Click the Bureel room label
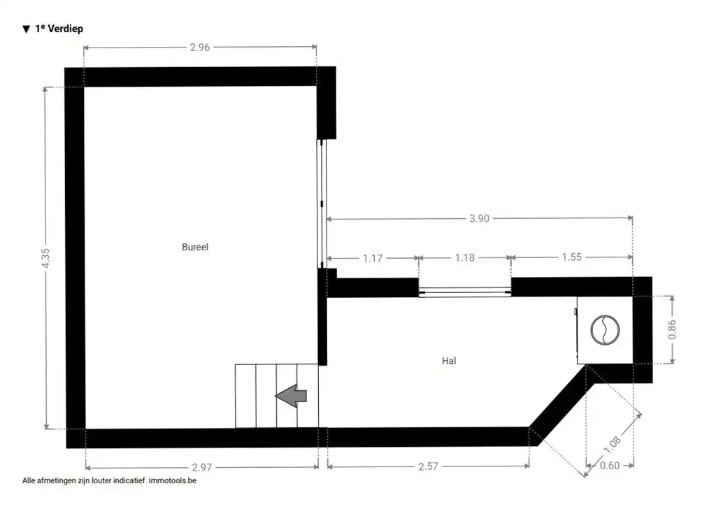pos(195,247)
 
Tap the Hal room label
pos(449,361)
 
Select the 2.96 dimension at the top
pos(200,48)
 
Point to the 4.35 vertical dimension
pos(45,259)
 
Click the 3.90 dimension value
pos(479,219)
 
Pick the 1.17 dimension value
pos(373,259)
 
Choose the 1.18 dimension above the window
pos(465,258)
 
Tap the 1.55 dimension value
pos(572,257)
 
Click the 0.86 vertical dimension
pos(672,330)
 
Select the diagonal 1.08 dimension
pos(613,445)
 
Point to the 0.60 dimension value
pos(610,466)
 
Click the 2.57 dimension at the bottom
pos(429,467)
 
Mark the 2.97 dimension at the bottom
pos(202,468)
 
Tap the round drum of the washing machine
pos(605,330)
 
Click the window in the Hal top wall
pos(465,292)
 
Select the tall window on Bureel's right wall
pos(322,203)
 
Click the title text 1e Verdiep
pos(59,29)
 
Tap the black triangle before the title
pos(27,29)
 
